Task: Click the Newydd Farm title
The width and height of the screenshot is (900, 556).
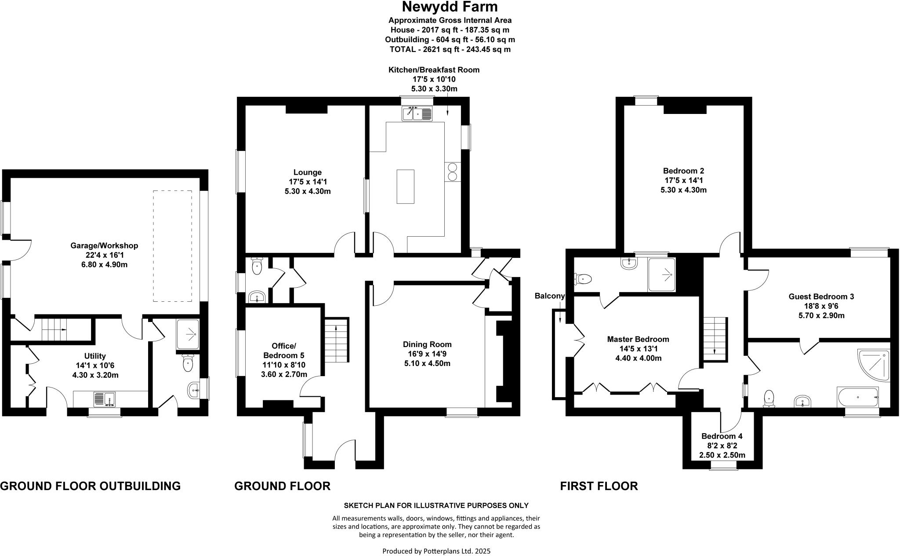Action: coord(450,7)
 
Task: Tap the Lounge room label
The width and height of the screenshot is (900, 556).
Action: coord(308,172)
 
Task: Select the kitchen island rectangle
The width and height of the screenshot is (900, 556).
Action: coord(405,186)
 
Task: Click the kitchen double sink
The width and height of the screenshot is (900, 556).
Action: coord(417,113)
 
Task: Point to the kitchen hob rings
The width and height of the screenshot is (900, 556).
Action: coord(452,172)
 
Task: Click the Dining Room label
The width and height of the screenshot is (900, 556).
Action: coord(427,344)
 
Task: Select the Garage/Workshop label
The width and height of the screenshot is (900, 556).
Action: coord(105,245)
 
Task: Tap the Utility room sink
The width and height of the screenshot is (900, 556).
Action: coord(104,399)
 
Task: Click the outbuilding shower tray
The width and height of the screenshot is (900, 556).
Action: coord(188,334)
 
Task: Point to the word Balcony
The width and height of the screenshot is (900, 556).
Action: coord(549,296)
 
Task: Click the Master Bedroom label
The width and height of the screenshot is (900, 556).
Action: coord(638,339)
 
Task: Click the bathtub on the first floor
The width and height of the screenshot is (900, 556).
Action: coord(858,397)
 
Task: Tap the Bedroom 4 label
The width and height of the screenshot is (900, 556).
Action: coord(722,436)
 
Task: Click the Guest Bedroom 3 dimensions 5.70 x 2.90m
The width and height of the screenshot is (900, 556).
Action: coord(821,315)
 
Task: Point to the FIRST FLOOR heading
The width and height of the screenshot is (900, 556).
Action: coord(599,486)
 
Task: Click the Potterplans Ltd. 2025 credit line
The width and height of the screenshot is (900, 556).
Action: coord(436,551)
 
